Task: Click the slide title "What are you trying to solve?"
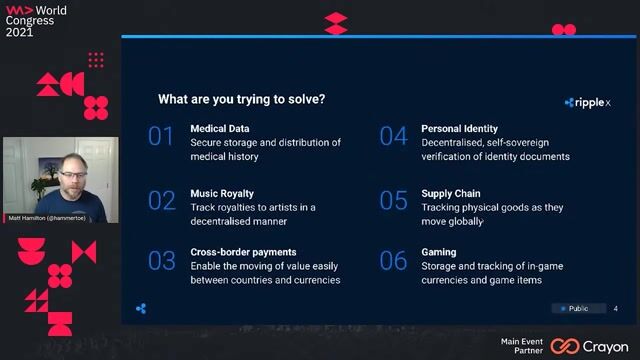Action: [241, 99]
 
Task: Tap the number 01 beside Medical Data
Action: [161, 137]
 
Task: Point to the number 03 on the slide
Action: [162, 261]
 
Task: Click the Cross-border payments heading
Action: [243, 252]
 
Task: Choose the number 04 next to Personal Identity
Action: [393, 137]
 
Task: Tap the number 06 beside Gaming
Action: [393, 261]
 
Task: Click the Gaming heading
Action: [439, 252]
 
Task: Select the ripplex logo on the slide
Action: [588, 102]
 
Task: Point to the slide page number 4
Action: [615, 308]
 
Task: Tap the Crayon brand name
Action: [606, 346]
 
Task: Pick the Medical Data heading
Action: [220, 129]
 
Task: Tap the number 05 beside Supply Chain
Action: [393, 200]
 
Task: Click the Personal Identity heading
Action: [459, 129]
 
